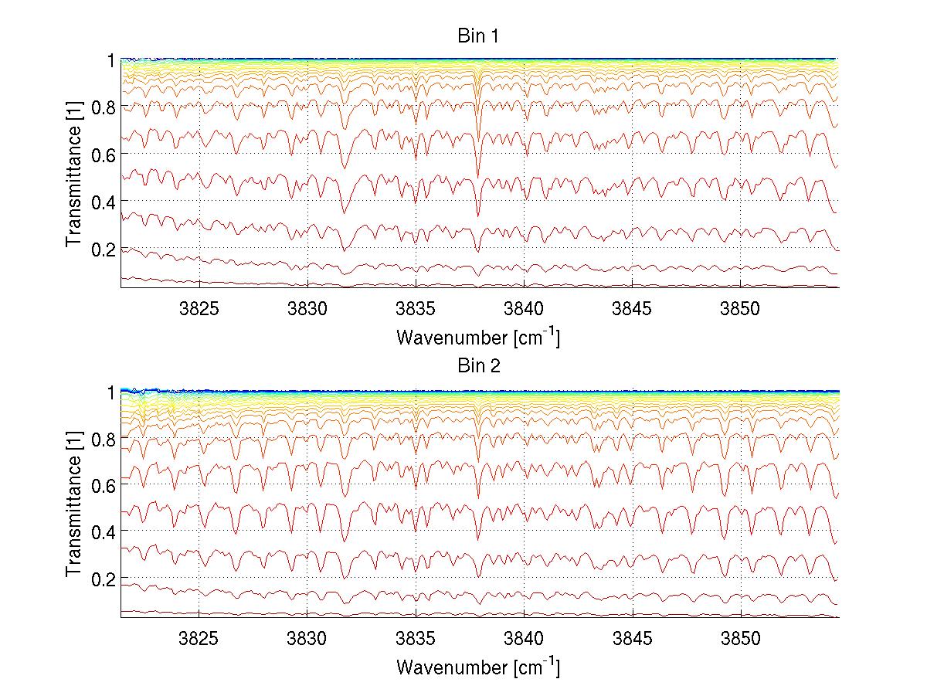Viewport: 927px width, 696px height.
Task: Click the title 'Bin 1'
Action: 479,36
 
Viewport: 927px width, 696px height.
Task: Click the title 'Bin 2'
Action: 479,366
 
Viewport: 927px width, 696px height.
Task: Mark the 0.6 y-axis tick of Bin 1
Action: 104,154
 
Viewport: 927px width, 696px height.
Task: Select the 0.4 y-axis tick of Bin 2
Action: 104,531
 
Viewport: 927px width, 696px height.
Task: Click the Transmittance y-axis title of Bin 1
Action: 74,174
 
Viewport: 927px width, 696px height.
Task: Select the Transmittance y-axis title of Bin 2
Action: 74,504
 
